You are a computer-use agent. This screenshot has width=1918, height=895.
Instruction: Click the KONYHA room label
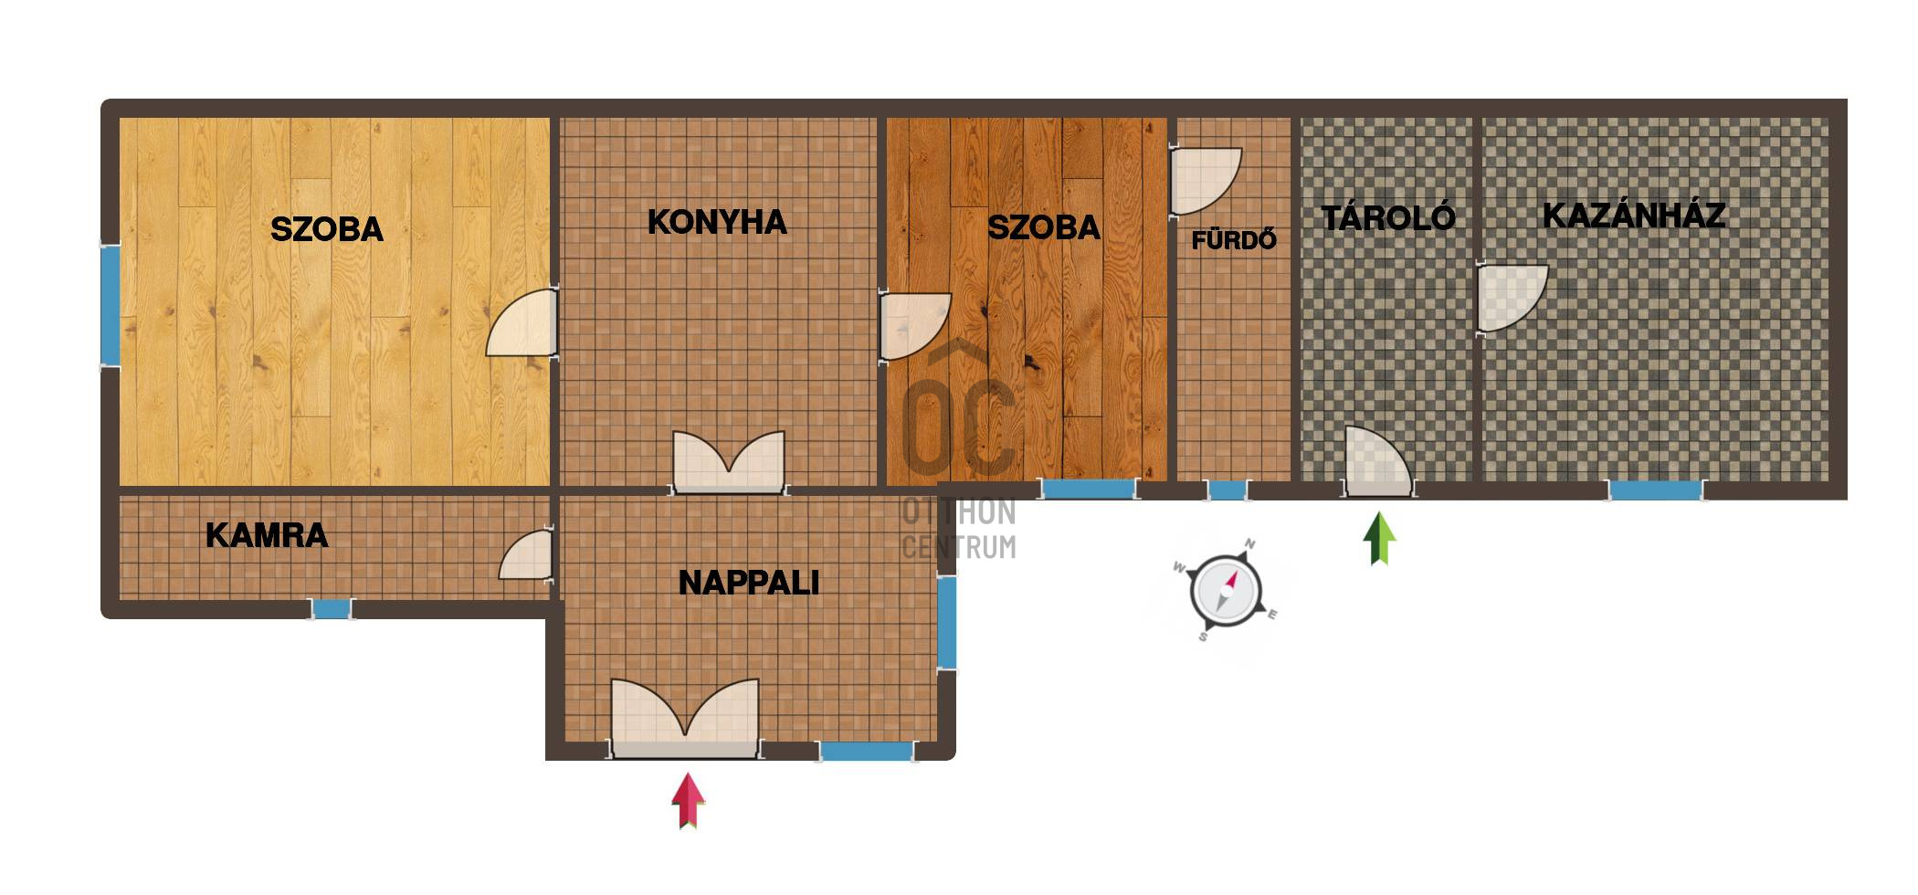pyautogui.click(x=717, y=222)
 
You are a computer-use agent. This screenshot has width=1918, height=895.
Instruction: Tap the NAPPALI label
pyautogui.click(x=749, y=583)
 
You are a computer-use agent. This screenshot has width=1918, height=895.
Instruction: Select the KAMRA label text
pyautogui.click(x=267, y=535)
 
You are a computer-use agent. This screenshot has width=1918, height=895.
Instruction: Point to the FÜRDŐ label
pyautogui.click(x=1234, y=239)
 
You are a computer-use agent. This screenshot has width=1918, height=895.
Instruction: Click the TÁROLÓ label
pyautogui.click(x=1388, y=217)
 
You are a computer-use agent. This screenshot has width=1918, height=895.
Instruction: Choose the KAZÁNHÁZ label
pyautogui.click(x=1634, y=216)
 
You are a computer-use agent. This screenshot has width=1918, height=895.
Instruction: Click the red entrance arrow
pyautogui.click(x=689, y=801)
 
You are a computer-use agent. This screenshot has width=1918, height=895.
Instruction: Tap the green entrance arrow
pyautogui.click(x=1380, y=539)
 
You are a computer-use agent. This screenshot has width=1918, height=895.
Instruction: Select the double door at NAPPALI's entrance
pyautogui.click(x=685, y=719)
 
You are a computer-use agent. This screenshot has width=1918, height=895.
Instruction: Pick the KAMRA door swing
pyautogui.click(x=526, y=555)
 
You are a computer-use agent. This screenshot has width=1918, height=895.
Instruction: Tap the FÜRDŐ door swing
pyautogui.click(x=1205, y=181)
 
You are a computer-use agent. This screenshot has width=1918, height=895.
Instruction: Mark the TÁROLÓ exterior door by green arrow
pyautogui.click(x=1378, y=462)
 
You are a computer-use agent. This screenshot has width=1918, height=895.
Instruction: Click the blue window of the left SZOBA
pyautogui.click(x=110, y=306)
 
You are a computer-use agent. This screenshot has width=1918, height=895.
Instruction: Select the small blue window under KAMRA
pyautogui.click(x=332, y=608)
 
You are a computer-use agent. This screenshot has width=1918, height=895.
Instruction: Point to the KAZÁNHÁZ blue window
pyautogui.click(x=1656, y=490)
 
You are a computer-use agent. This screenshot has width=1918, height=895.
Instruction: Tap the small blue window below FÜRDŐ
pyautogui.click(x=1228, y=490)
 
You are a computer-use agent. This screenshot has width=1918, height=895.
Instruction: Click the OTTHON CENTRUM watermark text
pyautogui.click(x=959, y=529)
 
